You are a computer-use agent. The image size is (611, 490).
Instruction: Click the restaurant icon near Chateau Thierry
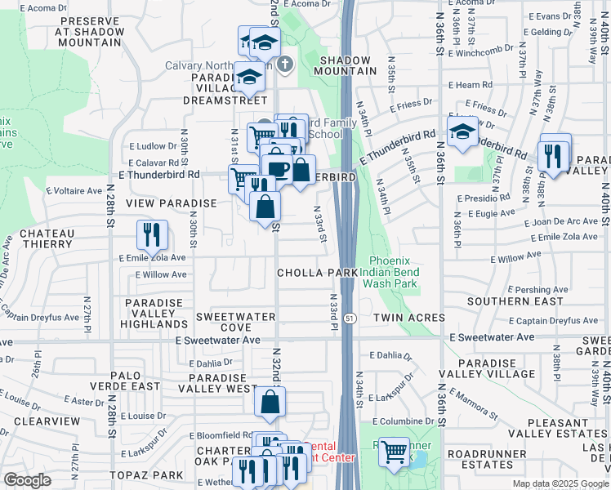152,235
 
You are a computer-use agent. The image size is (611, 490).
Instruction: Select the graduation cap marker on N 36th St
462,131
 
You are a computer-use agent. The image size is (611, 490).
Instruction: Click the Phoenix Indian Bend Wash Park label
394,271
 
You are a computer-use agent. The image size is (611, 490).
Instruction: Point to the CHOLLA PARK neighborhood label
317,272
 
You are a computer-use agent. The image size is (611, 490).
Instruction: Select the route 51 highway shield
348,318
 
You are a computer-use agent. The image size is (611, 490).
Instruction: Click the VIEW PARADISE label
171,203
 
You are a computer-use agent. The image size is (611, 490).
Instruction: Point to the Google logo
27,481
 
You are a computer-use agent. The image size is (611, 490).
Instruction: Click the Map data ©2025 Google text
560,483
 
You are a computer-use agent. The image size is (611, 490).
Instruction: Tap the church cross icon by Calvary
284,64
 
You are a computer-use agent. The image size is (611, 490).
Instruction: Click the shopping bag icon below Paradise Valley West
270,402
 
